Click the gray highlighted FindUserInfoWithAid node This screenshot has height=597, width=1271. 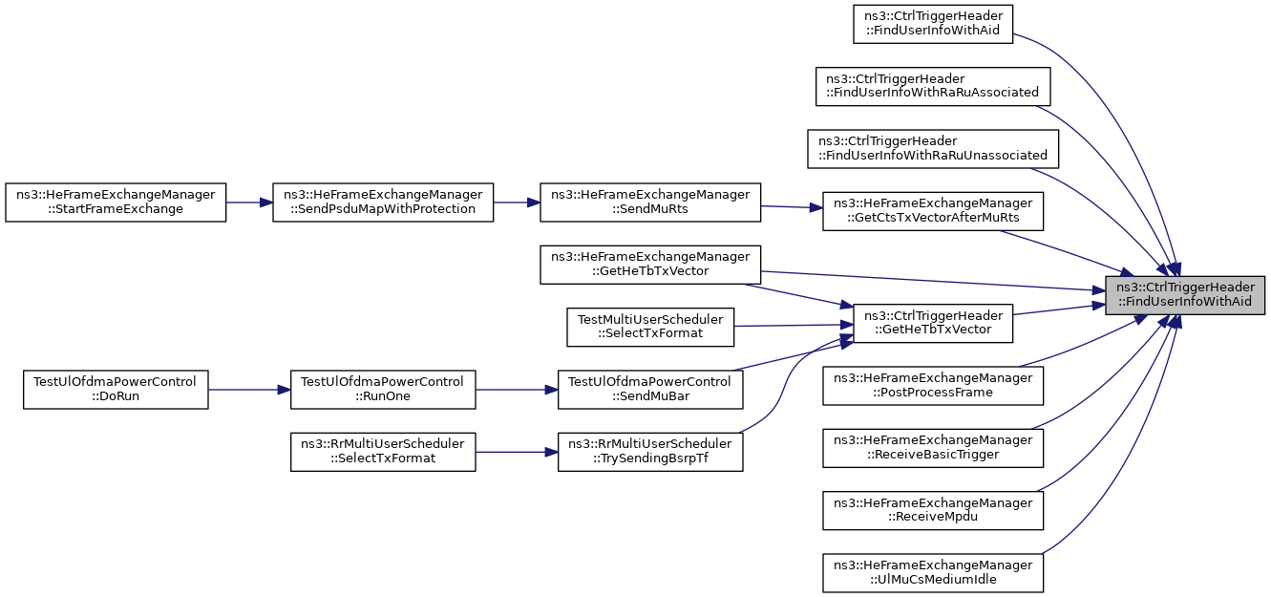click(1185, 295)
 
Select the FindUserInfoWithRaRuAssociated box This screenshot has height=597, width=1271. click(933, 86)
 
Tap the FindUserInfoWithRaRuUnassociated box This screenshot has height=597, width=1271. click(933, 149)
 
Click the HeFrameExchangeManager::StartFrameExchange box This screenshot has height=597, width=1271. click(116, 203)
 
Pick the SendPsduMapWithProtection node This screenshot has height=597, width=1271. click(383, 203)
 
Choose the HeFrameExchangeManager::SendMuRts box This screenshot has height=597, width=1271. click(650, 203)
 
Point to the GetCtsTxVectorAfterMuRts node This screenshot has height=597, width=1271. click(933, 211)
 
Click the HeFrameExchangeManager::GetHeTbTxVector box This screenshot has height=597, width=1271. click(650, 265)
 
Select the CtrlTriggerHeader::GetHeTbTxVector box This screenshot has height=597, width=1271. click(933, 323)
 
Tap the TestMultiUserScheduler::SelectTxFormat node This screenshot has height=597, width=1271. click(650, 327)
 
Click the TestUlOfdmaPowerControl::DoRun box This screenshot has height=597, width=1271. click(116, 390)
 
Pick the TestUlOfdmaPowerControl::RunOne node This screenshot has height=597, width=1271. click(383, 390)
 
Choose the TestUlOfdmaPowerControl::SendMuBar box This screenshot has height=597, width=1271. click(650, 390)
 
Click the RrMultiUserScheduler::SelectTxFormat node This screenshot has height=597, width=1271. click(383, 452)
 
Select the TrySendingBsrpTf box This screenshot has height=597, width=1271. click(650, 452)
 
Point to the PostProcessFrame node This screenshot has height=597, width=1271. click(933, 386)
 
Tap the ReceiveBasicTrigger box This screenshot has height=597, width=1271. click(933, 448)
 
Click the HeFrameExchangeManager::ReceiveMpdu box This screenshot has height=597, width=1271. click(933, 511)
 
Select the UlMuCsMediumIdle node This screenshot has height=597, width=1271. click(933, 573)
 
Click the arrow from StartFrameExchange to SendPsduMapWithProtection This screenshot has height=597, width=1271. click(249, 203)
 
